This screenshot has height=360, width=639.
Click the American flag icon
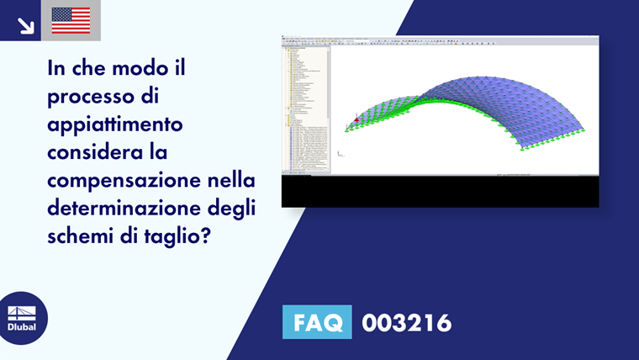click(x=71, y=20)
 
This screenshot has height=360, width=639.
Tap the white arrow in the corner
click(x=25, y=25)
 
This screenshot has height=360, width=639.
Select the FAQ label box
click(x=317, y=322)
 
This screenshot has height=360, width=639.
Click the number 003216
click(x=406, y=323)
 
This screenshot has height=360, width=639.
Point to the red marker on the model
click(x=356, y=120)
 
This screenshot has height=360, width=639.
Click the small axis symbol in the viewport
click(x=339, y=154)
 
